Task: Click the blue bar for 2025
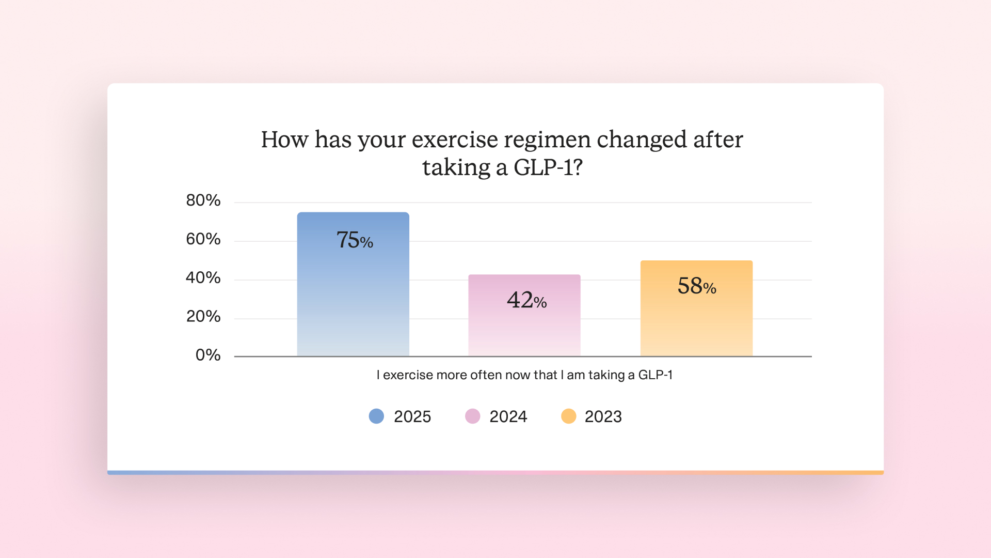pyautogui.click(x=353, y=284)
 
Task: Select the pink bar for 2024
pyautogui.click(x=524, y=315)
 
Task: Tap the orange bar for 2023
pyautogui.click(x=696, y=308)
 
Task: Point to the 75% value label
pyautogui.click(x=355, y=240)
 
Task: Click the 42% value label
pyautogui.click(x=526, y=300)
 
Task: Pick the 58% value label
pyautogui.click(x=697, y=286)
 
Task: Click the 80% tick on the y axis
pyautogui.click(x=203, y=200)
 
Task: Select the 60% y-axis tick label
pyautogui.click(x=203, y=239)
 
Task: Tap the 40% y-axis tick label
pyautogui.click(x=203, y=278)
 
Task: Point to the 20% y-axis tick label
pyautogui.click(x=203, y=316)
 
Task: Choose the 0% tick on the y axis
pyautogui.click(x=208, y=355)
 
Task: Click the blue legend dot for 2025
pyautogui.click(x=376, y=416)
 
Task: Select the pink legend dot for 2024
pyautogui.click(x=472, y=416)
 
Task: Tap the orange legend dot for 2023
pyautogui.click(x=568, y=416)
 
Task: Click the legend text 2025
pyautogui.click(x=412, y=416)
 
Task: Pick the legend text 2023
pyautogui.click(x=603, y=416)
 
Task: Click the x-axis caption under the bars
pyautogui.click(x=524, y=375)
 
